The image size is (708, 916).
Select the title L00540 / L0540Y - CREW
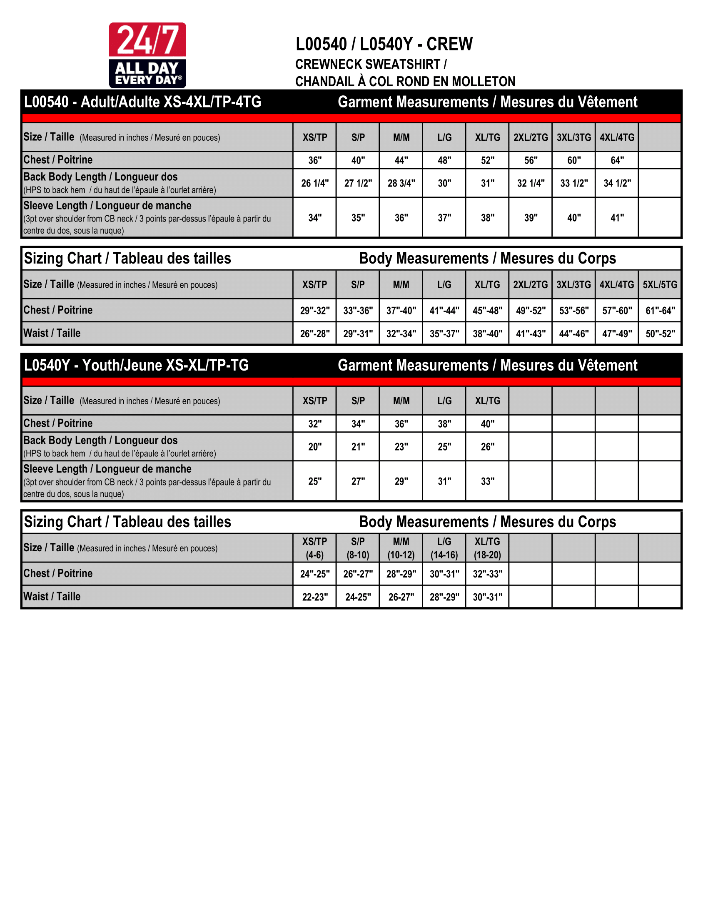tap(384, 44)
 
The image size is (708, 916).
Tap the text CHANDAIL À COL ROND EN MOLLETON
tap(405, 81)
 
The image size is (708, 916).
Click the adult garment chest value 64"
tap(617, 160)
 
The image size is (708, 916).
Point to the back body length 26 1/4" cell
tap(314, 183)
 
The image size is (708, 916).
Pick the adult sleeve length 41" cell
tap(617, 218)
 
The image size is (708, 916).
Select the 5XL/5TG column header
tap(660, 284)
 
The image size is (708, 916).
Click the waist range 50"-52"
tap(660, 334)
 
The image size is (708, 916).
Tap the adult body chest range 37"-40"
tap(401, 310)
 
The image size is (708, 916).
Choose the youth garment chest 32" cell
tap(314, 423)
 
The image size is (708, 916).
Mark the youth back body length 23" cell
tap(401, 447)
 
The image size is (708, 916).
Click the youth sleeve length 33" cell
tap(487, 481)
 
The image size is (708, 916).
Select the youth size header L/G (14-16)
tap(444, 548)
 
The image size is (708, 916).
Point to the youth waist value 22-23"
tap(314, 597)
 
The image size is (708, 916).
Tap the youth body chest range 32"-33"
tap(487, 574)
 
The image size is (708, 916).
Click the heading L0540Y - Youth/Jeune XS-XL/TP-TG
tap(136, 365)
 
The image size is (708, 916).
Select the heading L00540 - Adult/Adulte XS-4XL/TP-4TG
tap(142, 102)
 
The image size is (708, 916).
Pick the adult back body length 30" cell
tap(444, 183)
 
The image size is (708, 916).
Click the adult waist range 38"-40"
tap(487, 334)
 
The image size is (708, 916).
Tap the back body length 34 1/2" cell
tap(617, 183)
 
